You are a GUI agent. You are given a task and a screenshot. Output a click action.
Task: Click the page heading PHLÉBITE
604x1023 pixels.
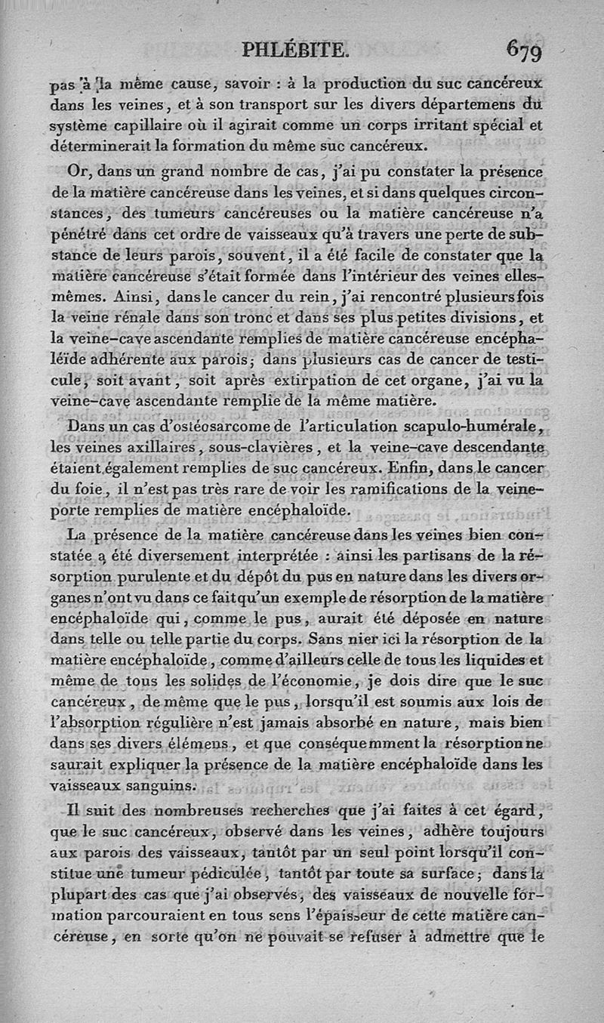[x=296, y=51]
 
